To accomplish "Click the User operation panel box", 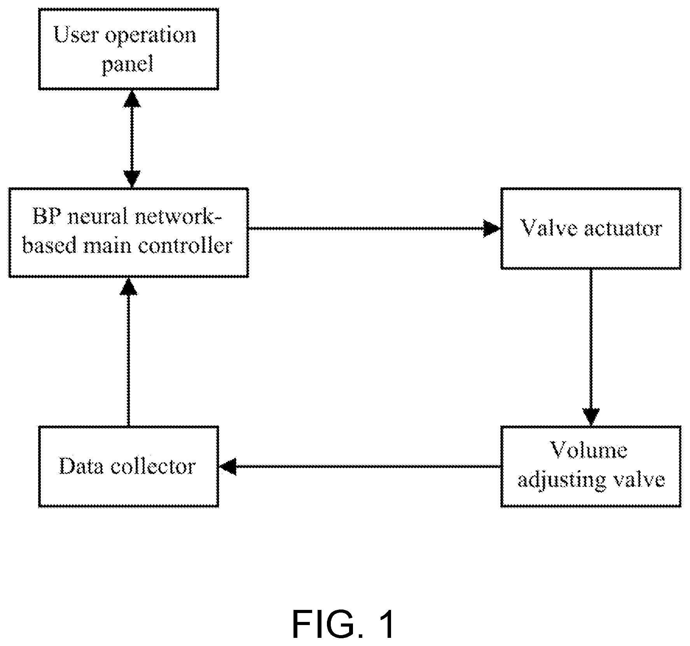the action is point(129,49).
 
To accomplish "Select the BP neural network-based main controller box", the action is point(129,233).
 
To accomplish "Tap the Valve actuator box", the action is point(591,228).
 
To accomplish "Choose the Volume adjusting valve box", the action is point(591,466).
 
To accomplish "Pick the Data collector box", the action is point(129,466).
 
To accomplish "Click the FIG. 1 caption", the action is point(343,624).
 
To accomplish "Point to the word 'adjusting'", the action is point(562,481).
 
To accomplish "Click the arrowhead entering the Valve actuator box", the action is point(492,228).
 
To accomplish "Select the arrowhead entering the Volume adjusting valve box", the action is point(591,417).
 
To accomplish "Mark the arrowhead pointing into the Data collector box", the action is point(228,466).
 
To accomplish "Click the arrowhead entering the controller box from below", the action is point(128,286).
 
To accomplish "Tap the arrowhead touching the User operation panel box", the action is point(132,99).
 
